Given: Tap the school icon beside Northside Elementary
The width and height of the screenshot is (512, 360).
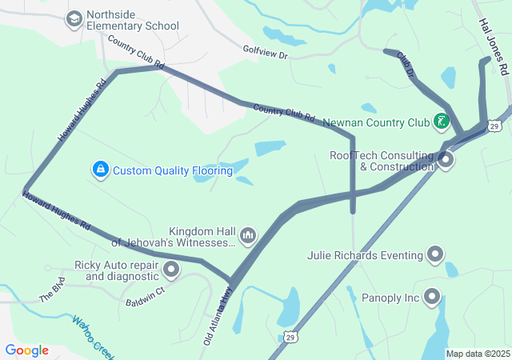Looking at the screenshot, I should pos(74,18).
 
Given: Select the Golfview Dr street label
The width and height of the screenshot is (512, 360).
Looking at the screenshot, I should pos(265,50).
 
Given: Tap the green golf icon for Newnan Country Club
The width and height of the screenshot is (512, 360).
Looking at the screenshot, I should pos(441,122).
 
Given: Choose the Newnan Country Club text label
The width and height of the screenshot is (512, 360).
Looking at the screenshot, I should pos(376,123).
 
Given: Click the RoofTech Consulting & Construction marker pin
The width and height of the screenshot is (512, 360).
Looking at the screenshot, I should pos(446,160).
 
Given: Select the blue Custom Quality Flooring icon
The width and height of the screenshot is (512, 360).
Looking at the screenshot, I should pos(100,170).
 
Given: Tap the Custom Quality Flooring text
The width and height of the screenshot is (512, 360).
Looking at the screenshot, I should pos(172,170).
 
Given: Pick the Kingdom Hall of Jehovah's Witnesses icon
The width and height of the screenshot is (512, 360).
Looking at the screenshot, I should pos(248,234).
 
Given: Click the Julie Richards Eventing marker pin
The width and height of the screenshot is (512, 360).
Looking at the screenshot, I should pos(435,255).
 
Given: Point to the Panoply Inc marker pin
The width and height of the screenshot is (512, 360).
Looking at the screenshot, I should pos(433,298).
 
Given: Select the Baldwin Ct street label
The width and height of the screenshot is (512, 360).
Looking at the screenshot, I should pos(145,297).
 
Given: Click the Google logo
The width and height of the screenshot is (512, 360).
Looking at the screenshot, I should pos(26,350).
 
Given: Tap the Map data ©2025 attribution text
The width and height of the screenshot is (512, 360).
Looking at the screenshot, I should pos(476,354).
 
